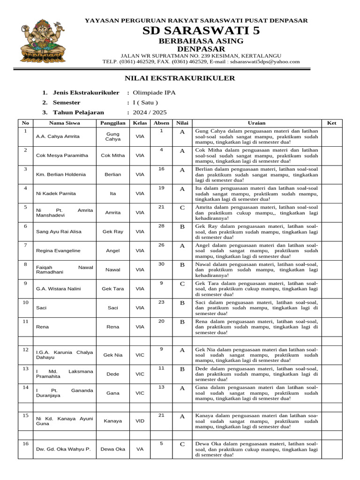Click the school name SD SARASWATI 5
point(195,31)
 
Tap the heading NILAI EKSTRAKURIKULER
point(180,78)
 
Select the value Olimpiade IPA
point(154,93)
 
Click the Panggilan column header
point(112,123)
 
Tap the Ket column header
point(331,123)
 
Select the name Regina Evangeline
point(58,251)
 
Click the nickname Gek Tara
point(112,289)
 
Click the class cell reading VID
point(140,421)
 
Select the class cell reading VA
point(140,449)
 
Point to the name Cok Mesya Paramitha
point(62,155)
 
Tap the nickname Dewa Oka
point(112,449)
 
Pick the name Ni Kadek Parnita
point(56,193)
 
